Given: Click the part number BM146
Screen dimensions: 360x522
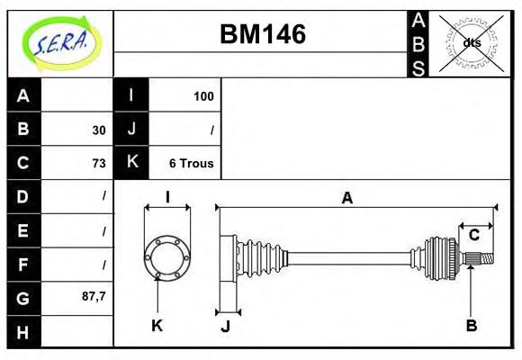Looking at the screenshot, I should pos(263,34).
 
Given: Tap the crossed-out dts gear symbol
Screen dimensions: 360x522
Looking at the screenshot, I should pos(470,42).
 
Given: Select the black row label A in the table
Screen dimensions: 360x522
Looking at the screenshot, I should pos(23,96).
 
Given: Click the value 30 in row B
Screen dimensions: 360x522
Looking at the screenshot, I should pos(99,130).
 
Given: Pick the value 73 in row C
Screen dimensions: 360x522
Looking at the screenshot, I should pos(99,163).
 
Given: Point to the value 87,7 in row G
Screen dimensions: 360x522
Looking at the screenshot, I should pos(94,296).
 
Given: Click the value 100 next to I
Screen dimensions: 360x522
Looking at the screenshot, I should pos(203,96).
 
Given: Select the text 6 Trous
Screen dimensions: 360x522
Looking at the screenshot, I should pos(191,163).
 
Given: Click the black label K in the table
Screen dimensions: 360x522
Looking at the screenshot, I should pos(131,163).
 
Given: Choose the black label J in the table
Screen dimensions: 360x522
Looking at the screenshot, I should pos(131,130).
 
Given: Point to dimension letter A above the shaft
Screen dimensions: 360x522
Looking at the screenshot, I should pos(346,198).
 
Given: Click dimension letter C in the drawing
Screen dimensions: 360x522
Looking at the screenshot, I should pos(474,236).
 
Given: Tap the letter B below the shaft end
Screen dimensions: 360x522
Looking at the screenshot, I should pos(471,326).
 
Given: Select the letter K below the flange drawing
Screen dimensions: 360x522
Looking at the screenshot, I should pos(157,326).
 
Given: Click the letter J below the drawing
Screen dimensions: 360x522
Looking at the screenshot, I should pos(225,326).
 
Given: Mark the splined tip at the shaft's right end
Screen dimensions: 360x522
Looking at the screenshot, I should pos(484,259).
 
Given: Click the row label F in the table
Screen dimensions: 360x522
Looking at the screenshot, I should pos(23,264).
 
